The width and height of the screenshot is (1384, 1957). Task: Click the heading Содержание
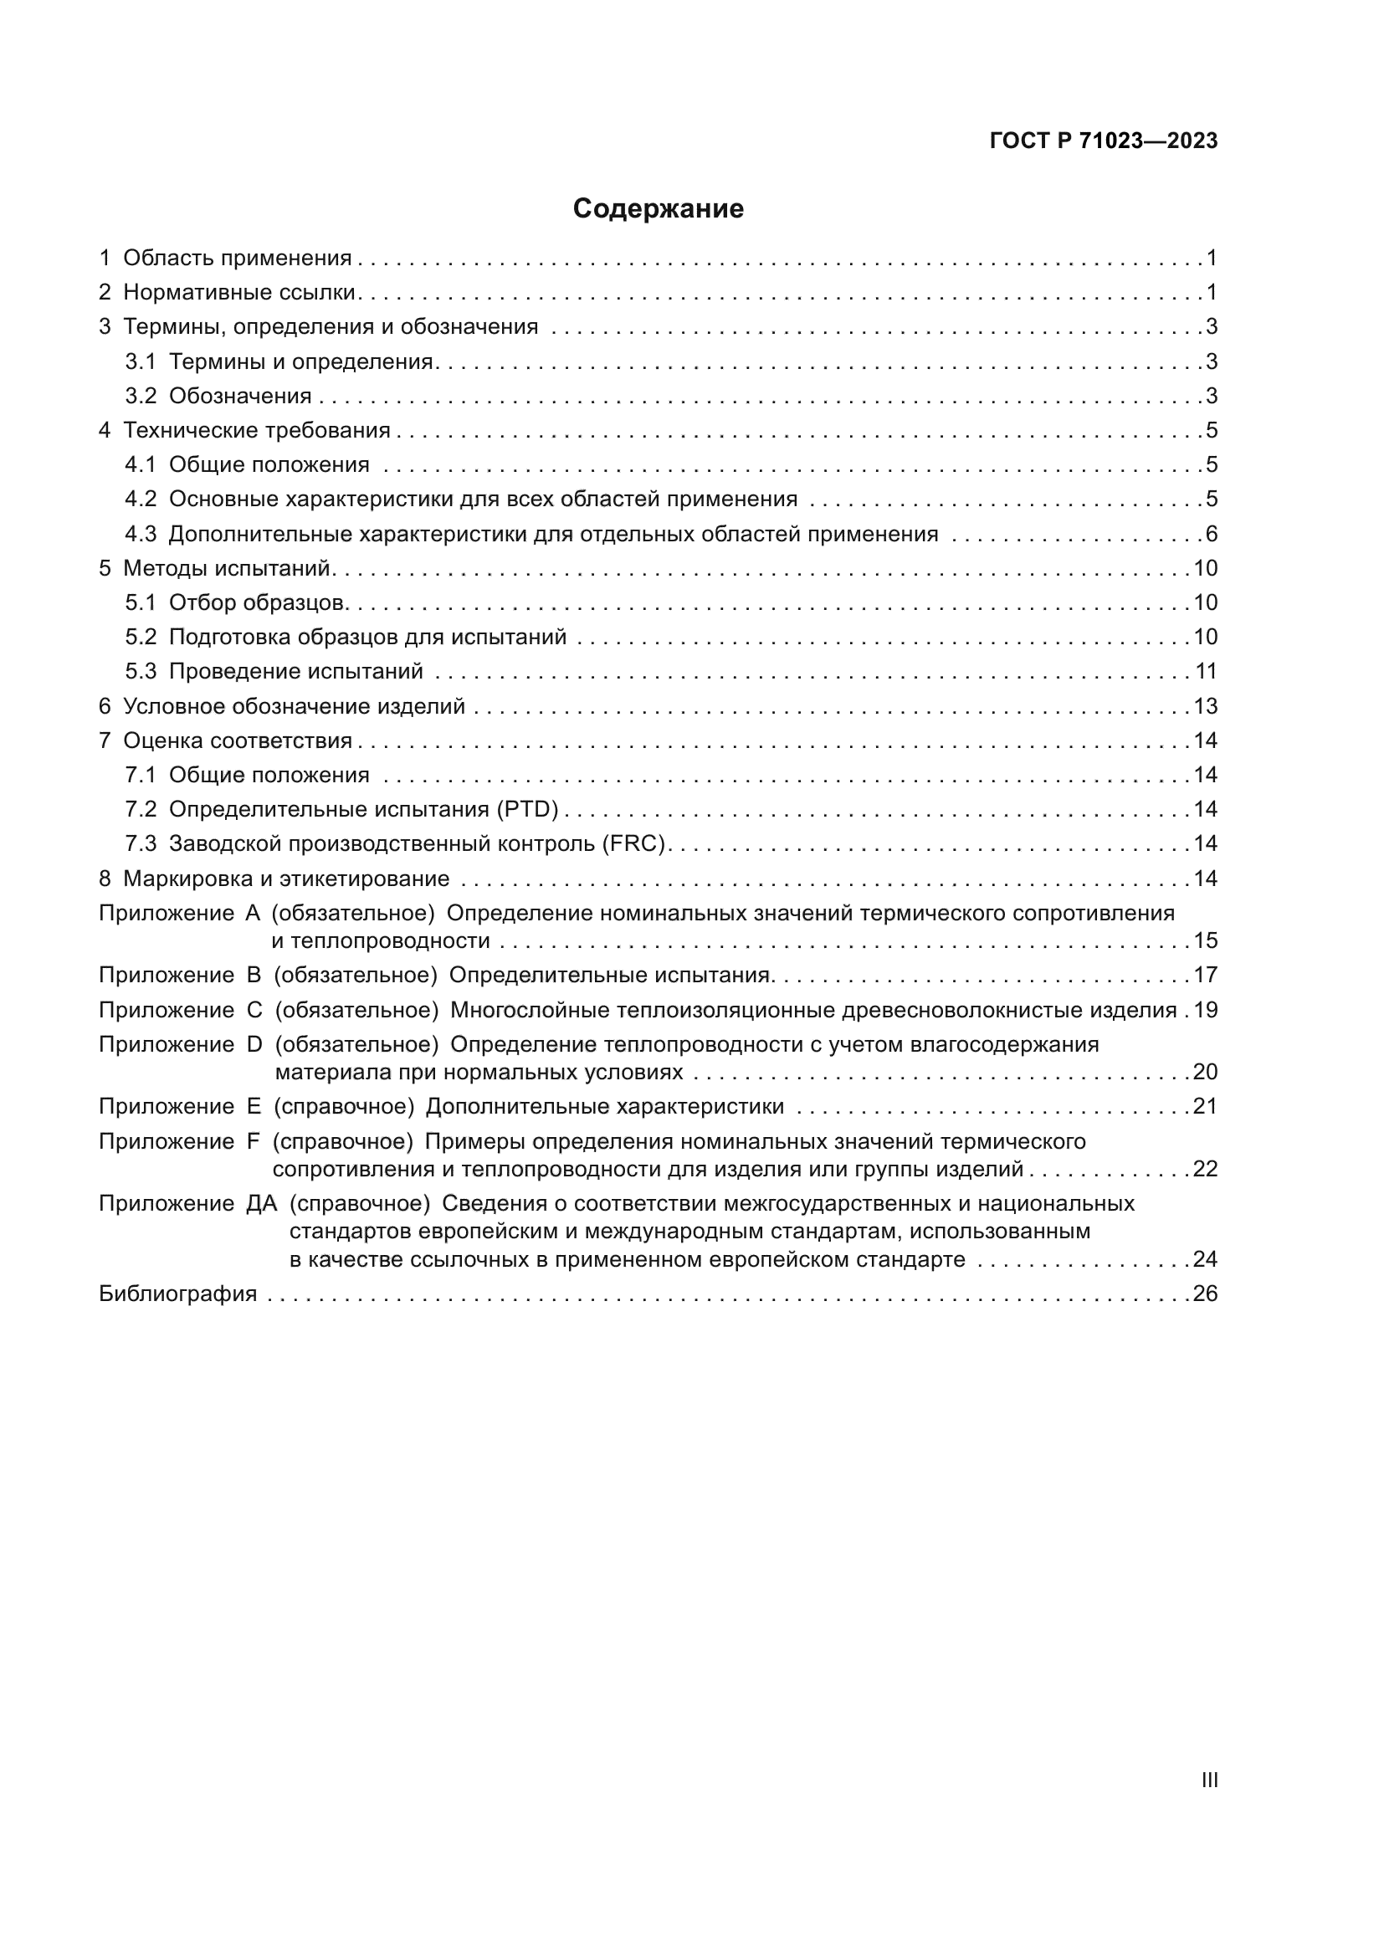pyautogui.click(x=658, y=209)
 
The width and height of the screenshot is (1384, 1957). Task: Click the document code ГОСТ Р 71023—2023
pyautogui.click(x=1104, y=141)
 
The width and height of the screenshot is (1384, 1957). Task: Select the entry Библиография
pyautogui.click(x=178, y=1294)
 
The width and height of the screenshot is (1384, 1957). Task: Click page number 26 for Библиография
pyautogui.click(x=1205, y=1294)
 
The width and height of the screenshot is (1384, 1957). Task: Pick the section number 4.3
pyautogui.click(x=141, y=535)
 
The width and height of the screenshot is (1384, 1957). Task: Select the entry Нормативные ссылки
pyautogui.click(x=238, y=292)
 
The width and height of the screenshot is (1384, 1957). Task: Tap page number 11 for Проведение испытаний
pyautogui.click(x=1206, y=672)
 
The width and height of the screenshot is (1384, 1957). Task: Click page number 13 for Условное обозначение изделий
pyautogui.click(x=1206, y=707)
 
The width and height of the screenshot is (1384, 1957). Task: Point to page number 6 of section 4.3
pyautogui.click(x=1211, y=535)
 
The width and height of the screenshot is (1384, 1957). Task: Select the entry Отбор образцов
pyautogui.click(x=257, y=602)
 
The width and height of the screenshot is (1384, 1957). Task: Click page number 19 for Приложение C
pyautogui.click(x=1206, y=1010)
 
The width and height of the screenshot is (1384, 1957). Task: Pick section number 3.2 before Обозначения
pyautogui.click(x=141, y=397)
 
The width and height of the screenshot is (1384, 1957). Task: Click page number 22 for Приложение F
pyautogui.click(x=1205, y=1169)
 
